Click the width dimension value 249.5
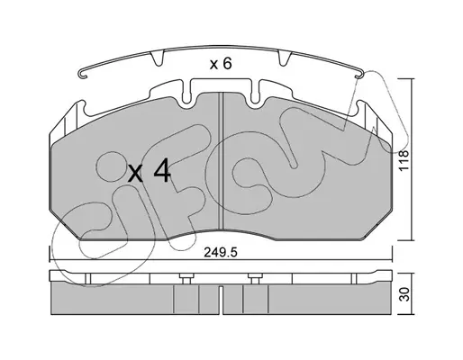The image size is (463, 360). [221, 253]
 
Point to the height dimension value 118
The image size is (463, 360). [404, 160]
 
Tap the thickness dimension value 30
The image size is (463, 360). [404, 294]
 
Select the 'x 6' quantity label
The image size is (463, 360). [221, 64]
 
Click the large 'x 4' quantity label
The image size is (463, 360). [150, 173]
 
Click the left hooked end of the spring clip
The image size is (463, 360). [82, 75]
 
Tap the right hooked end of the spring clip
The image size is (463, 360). [359, 75]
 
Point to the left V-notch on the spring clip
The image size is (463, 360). [157, 58]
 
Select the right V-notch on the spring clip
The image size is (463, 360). [284, 58]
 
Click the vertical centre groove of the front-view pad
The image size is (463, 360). [221, 160]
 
